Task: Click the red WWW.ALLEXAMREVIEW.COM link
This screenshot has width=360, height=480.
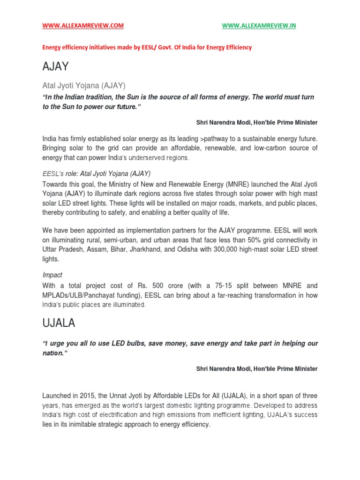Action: (x=83, y=26)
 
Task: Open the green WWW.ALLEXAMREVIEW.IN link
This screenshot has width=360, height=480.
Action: (x=259, y=26)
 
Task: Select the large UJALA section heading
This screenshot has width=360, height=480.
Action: (x=59, y=323)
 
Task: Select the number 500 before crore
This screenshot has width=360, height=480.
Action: (x=167, y=285)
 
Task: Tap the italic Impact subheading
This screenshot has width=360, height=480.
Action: (x=52, y=275)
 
